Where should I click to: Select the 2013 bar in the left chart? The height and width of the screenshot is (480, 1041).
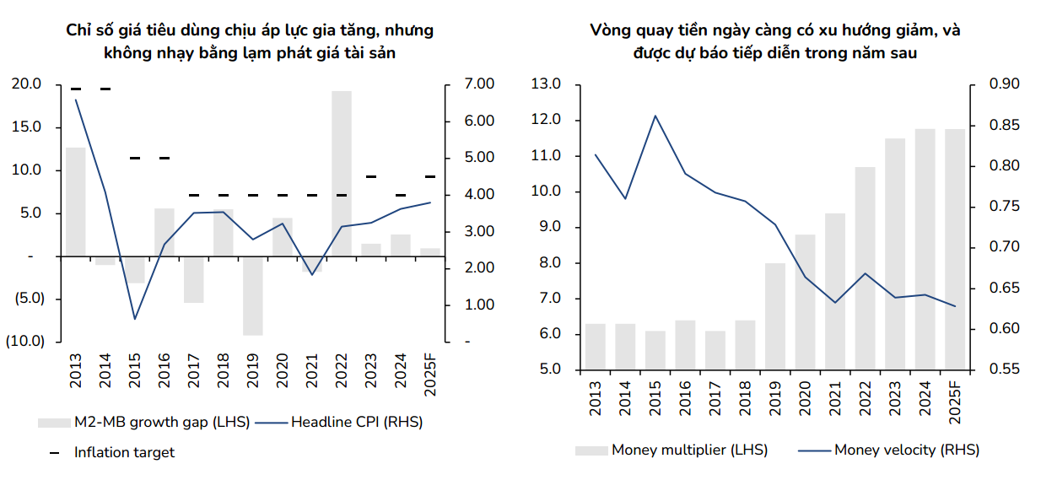(76, 201)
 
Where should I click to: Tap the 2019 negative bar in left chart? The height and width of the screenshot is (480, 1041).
(253, 295)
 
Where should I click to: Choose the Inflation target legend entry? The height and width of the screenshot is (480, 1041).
(123, 452)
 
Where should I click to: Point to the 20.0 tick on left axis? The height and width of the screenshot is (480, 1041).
(25, 84)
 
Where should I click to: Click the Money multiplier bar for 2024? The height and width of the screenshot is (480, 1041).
(925, 249)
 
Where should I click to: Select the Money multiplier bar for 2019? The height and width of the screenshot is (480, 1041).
(775, 316)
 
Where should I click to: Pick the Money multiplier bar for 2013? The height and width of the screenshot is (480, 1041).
(595, 347)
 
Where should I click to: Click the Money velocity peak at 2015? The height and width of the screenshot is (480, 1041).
(655, 116)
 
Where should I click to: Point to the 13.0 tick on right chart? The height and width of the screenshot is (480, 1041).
(546, 84)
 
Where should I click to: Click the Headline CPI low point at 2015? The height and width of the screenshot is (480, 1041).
(135, 319)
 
